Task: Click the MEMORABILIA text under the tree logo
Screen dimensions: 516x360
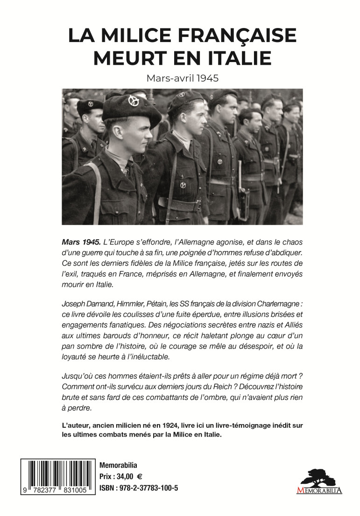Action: tap(319, 490)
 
